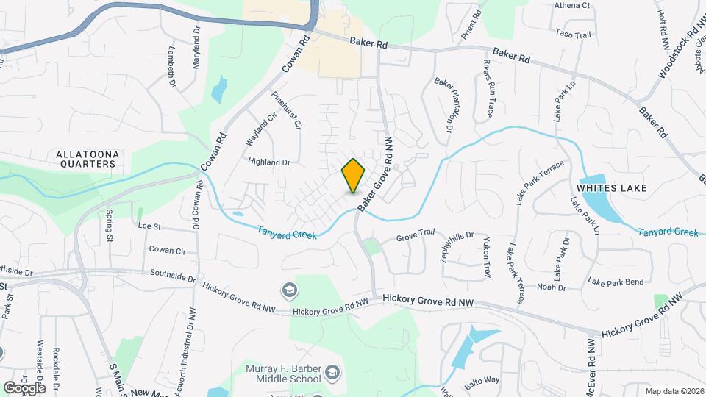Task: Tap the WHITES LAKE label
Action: [x=612, y=188]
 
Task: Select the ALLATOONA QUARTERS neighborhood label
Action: [x=87, y=159]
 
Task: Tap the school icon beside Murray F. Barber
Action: [x=332, y=373]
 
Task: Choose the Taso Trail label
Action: [x=574, y=35]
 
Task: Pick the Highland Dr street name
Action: [x=270, y=162]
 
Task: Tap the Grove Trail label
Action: [x=416, y=235]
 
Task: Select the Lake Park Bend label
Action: [x=616, y=282]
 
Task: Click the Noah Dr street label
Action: [x=551, y=287]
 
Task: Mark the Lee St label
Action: [x=149, y=228]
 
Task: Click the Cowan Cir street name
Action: [x=167, y=250]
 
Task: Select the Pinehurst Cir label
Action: [x=287, y=110]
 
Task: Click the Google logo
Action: [x=24, y=387]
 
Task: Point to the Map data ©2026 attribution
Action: [x=674, y=391]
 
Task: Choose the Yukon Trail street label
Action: [x=486, y=257]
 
